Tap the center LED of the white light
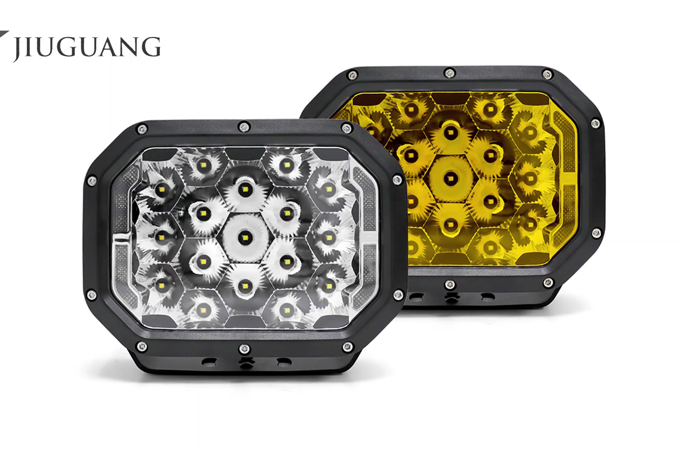pos(244,237)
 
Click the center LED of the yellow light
pos(449,178)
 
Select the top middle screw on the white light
pos(244,127)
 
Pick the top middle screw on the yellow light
pos(450,73)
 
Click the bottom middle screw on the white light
pos(244,349)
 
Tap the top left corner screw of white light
pos(142,129)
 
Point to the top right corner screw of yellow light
pos(547,74)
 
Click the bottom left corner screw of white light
pos(141,347)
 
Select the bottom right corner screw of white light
pos(347,347)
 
